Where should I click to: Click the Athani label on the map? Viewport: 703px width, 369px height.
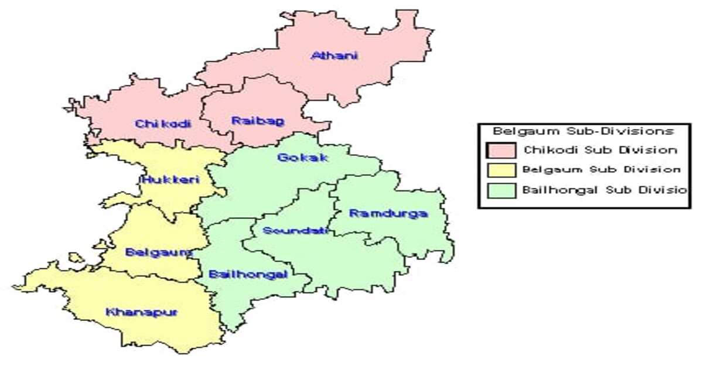pyautogui.click(x=335, y=56)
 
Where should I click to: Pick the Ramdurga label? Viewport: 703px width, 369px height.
pyautogui.click(x=388, y=214)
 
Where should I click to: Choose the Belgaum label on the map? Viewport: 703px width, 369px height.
pyautogui.click(x=159, y=253)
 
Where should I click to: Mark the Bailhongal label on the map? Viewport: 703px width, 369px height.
pyautogui.click(x=248, y=275)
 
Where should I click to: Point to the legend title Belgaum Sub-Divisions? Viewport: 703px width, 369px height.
pyautogui.click(x=583, y=131)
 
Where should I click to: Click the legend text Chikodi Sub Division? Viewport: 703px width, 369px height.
pyautogui.click(x=600, y=150)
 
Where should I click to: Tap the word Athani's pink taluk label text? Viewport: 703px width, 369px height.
pyautogui.click(x=335, y=56)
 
